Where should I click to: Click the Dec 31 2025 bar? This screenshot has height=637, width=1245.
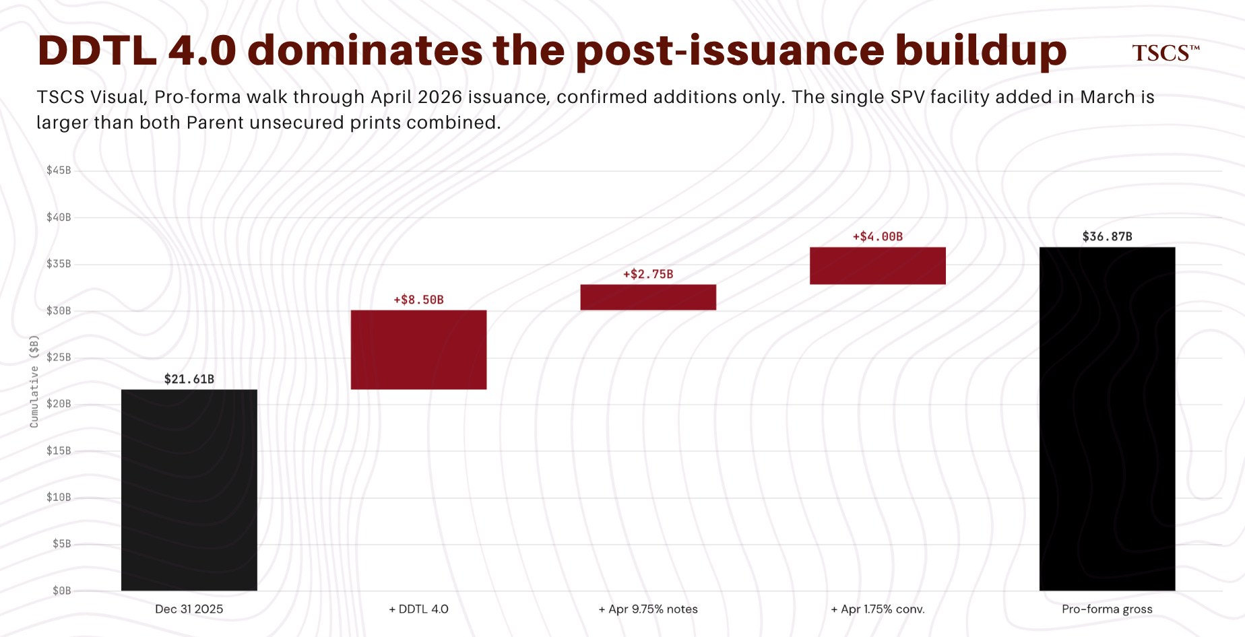point(189,490)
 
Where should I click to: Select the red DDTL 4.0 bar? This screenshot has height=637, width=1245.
point(418,349)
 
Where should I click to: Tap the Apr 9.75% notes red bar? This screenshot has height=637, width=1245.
point(648,297)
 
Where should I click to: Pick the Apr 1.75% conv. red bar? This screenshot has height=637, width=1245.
point(878,266)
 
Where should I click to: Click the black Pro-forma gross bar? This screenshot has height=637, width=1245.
point(1108,419)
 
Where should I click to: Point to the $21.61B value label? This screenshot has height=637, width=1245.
point(189,379)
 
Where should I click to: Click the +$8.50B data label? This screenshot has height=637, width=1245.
point(418,300)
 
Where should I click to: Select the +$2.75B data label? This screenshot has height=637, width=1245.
point(648,274)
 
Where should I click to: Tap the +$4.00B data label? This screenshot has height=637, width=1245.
point(878,236)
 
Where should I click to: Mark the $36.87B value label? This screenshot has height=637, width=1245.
point(1108,236)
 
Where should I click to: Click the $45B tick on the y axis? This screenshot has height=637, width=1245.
point(59,170)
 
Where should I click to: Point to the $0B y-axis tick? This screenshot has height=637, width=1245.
point(62,591)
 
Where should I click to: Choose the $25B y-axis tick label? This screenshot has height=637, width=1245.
point(59,357)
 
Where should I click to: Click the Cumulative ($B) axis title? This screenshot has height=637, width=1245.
point(34,381)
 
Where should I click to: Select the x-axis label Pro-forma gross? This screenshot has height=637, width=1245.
point(1107,609)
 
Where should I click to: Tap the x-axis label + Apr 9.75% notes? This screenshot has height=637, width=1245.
point(648,609)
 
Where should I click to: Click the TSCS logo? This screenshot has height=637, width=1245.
point(1166,53)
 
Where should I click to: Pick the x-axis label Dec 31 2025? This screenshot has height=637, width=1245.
point(189,609)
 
